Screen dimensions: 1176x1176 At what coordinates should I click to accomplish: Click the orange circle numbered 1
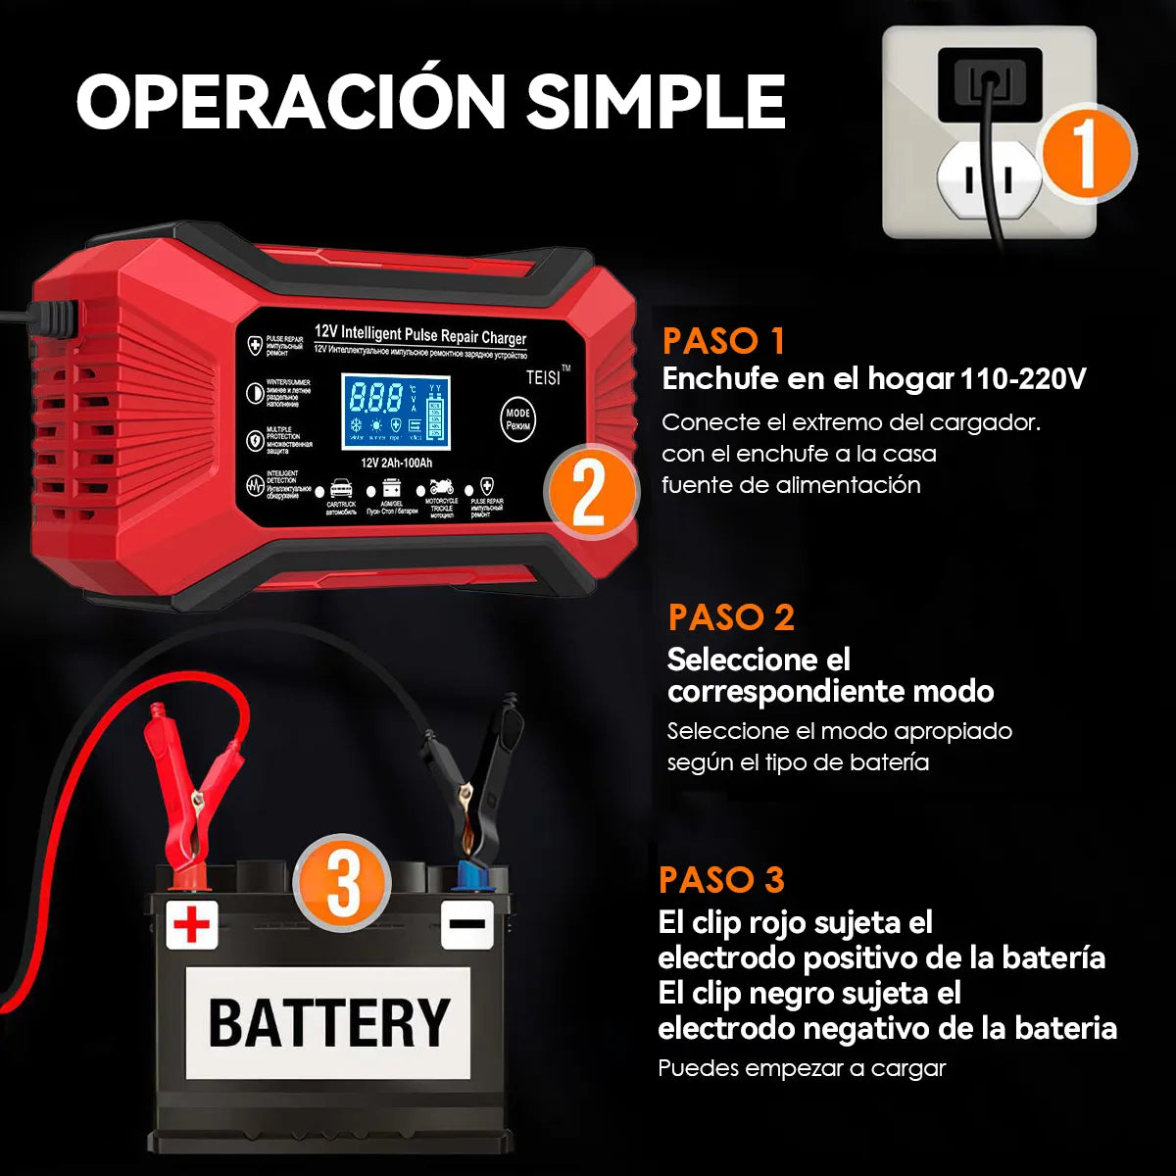[1086, 153]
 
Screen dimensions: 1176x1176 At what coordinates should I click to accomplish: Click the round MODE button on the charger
[518, 418]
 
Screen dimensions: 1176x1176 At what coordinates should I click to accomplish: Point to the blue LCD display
[395, 411]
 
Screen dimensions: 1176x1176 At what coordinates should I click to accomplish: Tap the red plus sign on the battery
[192, 923]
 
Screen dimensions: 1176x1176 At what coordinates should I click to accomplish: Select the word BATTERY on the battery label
[328, 1022]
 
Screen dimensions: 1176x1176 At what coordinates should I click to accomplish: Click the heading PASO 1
[723, 341]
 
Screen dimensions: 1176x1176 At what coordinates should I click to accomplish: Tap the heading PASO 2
[730, 617]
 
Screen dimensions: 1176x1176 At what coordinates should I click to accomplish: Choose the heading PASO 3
[721, 879]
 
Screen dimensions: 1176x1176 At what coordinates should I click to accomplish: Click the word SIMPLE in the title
[656, 101]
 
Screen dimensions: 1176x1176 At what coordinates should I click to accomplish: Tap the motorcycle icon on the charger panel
[441, 487]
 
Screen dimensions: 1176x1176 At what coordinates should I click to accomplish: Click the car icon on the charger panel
[341, 488]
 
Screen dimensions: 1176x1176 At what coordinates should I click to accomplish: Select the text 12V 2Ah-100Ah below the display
[396, 463]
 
